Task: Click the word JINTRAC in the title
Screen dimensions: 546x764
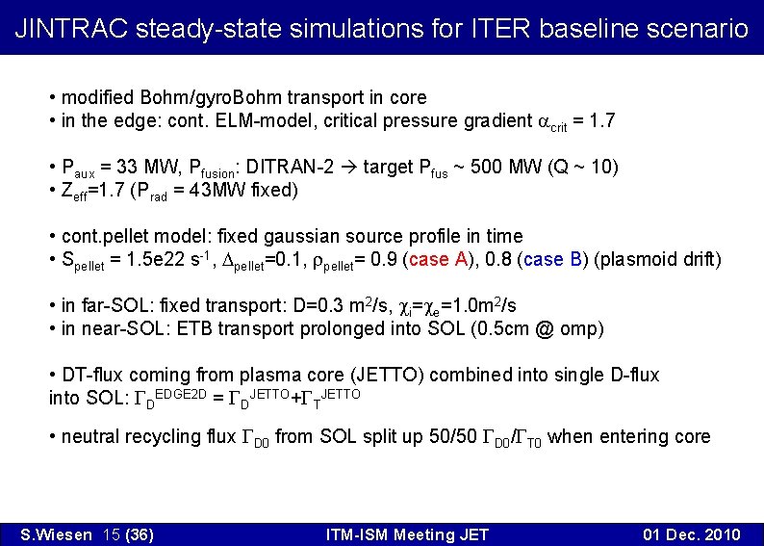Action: (71, 28)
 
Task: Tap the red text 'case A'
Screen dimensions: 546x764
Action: (441, 260)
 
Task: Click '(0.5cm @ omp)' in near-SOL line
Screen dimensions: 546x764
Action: (543, 328)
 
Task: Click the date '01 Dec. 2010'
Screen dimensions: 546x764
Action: (691, 534)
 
